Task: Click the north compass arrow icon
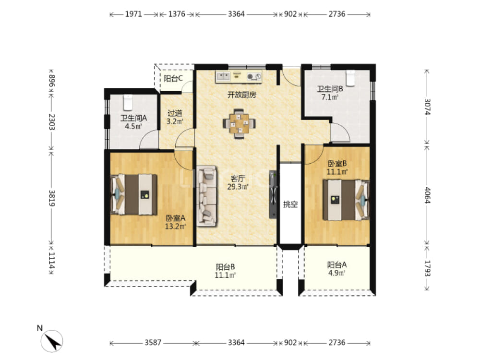click(52, 341)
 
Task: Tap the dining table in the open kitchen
click(239, 124)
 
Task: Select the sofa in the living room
click(206, 196)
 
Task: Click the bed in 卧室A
click(134, 195)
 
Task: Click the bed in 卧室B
click(346, 200)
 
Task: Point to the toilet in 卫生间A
click(128, 102)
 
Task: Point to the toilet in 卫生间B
click(350, 78)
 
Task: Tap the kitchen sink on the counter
click(224, 76)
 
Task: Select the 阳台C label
click(173, 78)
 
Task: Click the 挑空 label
click(290, 204)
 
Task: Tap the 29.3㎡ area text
click(238, 186)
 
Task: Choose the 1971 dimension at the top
click(133, 14)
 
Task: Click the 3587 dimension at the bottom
click(153, 343)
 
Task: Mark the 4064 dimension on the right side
click(427, 195)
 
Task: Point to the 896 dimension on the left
click(51, 81)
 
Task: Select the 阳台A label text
click(337, 265)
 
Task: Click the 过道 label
click(175, 113)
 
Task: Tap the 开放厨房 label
click(242, 95)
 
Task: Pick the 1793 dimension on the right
click(427, 268)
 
